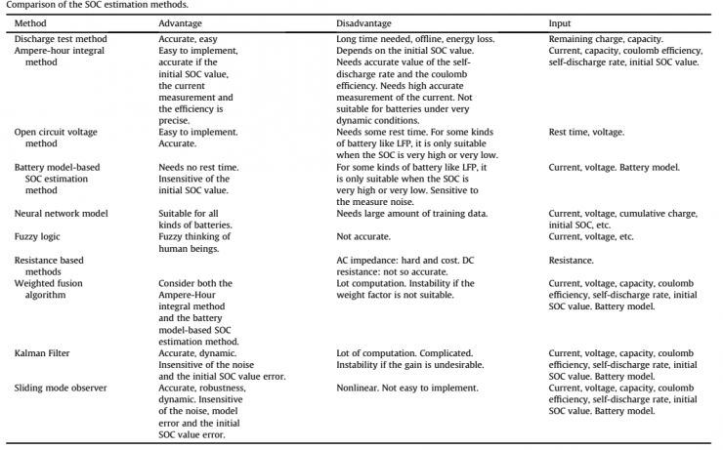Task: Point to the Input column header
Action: coord(561,21)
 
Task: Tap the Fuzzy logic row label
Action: coord(38,237)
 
